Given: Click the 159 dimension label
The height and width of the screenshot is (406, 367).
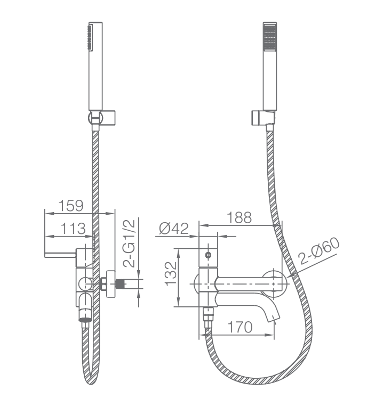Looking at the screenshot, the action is [71, 206].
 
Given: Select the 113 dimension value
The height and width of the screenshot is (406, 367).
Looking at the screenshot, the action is [73, 229].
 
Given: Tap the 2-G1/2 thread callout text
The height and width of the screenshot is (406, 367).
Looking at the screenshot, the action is [129, 243].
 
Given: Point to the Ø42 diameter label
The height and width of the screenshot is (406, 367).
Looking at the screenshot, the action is [174, 229].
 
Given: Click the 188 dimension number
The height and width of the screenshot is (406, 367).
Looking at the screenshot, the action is [239, 217].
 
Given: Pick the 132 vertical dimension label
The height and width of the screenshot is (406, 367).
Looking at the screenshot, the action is [171, 274].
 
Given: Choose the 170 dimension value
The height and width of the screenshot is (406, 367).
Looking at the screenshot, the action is [240, 327].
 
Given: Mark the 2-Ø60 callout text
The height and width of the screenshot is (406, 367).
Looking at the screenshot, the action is [318, 250].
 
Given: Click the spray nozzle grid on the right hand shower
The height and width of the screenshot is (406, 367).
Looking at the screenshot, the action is [269, 37].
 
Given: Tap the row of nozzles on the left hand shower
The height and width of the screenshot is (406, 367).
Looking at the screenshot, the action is [90, 37].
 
